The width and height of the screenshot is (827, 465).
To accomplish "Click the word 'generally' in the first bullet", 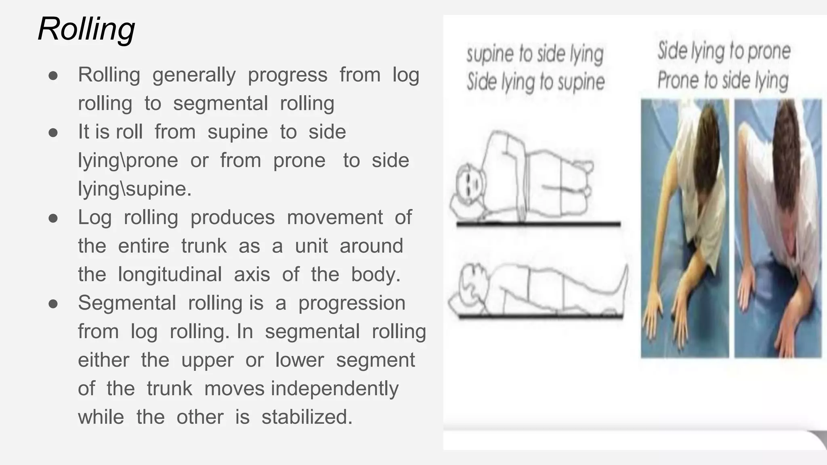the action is pyautogui.click(x=194, y=75).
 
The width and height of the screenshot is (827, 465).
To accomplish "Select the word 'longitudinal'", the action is pyautogui.click(x=170, y=275).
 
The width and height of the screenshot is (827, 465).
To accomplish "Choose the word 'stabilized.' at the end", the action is pyautogui.click(x=307, y=417).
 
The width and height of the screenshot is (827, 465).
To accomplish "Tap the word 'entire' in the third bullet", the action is pyautogui.click(x=143, y=246).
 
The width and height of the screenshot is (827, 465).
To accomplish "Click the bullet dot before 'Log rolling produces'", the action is pyautogui.click(x=53, y=218).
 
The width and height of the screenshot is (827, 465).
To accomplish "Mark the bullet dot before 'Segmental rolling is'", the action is pyautogui.click(x=53, y=304).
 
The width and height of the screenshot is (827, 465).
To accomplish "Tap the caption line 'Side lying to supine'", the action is pyautogui.click(x=536, y=82).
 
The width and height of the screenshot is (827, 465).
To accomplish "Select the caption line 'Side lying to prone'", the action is pyautogui.click(x=724, y=52).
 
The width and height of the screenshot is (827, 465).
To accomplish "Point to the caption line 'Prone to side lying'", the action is pyautogui.click(x=723, y=80).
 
